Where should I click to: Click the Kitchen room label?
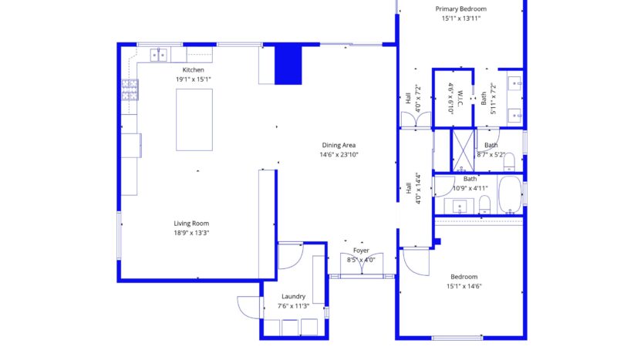pyautogui.click(x=193, y=70)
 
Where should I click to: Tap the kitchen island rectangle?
pyautogui.click(x=194, y=119)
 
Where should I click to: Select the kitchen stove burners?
pyautogui.click(x=130, y=90)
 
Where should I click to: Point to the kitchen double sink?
pyautogui.click(x=159, y=55)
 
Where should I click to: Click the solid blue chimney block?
pyautogui.click(x=288, y=66)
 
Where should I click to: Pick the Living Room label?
pyautogui.click(x=191, y=224)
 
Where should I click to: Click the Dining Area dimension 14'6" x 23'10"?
pyautogui.click(x=339, y=155)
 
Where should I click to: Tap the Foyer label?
pyautogui.click(x=361, y=251)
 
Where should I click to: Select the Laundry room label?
pyautogui.click(x=293, y=296)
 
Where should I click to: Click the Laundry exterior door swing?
pyautogui.click(x=249, y=307)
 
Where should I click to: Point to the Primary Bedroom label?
pyautogui.click(x=460, y=8)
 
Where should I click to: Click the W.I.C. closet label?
pyautogui.click(x=460, y=99)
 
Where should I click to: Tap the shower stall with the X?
pyautogui.click(x=463, y=150)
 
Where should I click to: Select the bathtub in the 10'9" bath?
pyautogui.click(x=510, y=195)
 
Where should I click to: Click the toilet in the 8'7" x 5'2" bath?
pyautogui.click(x=509, y=161)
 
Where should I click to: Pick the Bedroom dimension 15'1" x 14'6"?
pyautogui.click(x=464, y=287)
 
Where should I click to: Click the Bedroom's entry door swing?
pyautogui.click(x=416, y=261)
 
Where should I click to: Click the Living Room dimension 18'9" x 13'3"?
pyautogui.click(x=191, y=233)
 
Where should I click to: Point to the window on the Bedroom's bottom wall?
pyautogui.click(x=457, y=338)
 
